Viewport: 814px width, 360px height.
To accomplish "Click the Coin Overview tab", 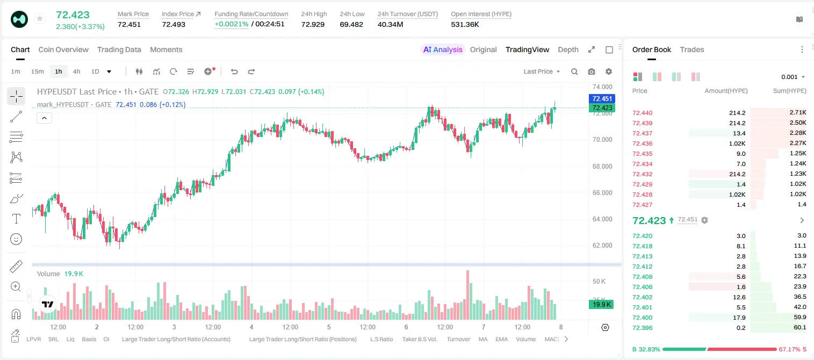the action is coord(63,49).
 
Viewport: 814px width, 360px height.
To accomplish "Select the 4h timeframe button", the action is coord(76,71).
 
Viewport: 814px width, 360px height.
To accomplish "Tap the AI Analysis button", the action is coord(443,49).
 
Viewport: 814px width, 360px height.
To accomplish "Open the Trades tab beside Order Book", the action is coord(692,49).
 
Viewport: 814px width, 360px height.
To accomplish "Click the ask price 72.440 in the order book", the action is coord(642,113).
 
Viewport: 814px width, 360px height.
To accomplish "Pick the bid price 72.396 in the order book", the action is coord(642,328).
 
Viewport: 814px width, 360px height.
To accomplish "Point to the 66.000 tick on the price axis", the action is coord(602,192).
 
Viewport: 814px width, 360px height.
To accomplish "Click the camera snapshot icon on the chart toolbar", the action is coord(592,71).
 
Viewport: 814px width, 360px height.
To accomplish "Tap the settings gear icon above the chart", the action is coord(609,71).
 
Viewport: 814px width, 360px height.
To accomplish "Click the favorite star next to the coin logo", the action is coord(40,18).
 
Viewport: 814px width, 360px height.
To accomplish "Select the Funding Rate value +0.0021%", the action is coord(232,24).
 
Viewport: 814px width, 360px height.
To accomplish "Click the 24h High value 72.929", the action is coord(313,24).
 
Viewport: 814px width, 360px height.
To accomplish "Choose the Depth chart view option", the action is coord(568,49).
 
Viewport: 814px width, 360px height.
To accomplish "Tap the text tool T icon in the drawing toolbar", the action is coord(16,219).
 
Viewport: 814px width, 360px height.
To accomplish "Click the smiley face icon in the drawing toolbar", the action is coord(16,239).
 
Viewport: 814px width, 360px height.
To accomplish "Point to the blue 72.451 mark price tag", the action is coord(602,98).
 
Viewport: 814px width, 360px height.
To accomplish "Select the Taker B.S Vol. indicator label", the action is coord(419,339).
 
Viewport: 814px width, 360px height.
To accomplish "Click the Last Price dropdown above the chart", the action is coord(542,71).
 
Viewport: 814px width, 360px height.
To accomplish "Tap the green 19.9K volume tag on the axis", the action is coord(601,305).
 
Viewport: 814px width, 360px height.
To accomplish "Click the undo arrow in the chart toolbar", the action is coord(234,71).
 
